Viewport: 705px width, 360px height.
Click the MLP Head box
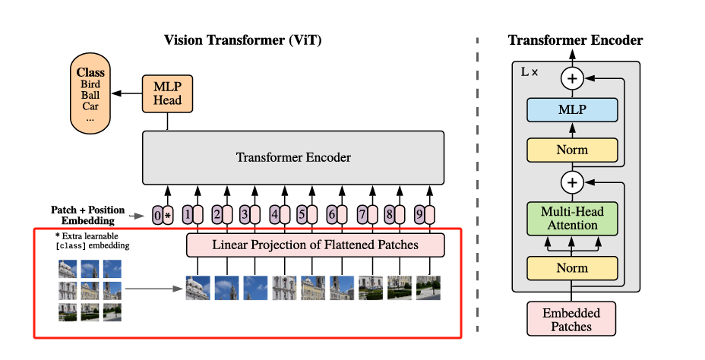point(163,93)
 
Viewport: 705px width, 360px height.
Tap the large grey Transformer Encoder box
point(293,158)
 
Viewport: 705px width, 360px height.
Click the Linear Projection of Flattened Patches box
point(315,245)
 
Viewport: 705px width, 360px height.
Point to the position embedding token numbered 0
point(157,215)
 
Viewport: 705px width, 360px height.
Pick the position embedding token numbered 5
point(302,215)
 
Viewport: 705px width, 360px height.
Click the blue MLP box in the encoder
point(571,109)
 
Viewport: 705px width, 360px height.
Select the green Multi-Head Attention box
point(571,218)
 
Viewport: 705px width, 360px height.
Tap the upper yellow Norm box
point(571,150)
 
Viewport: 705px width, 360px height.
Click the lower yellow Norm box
point(571,268)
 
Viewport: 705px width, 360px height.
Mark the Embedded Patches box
point(571,319)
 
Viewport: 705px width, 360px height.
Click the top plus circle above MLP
point(571,77)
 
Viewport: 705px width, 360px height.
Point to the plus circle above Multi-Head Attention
point(571,182)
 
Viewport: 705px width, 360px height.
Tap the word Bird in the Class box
point(90,84)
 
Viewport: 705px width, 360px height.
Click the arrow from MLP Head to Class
point(125,93)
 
